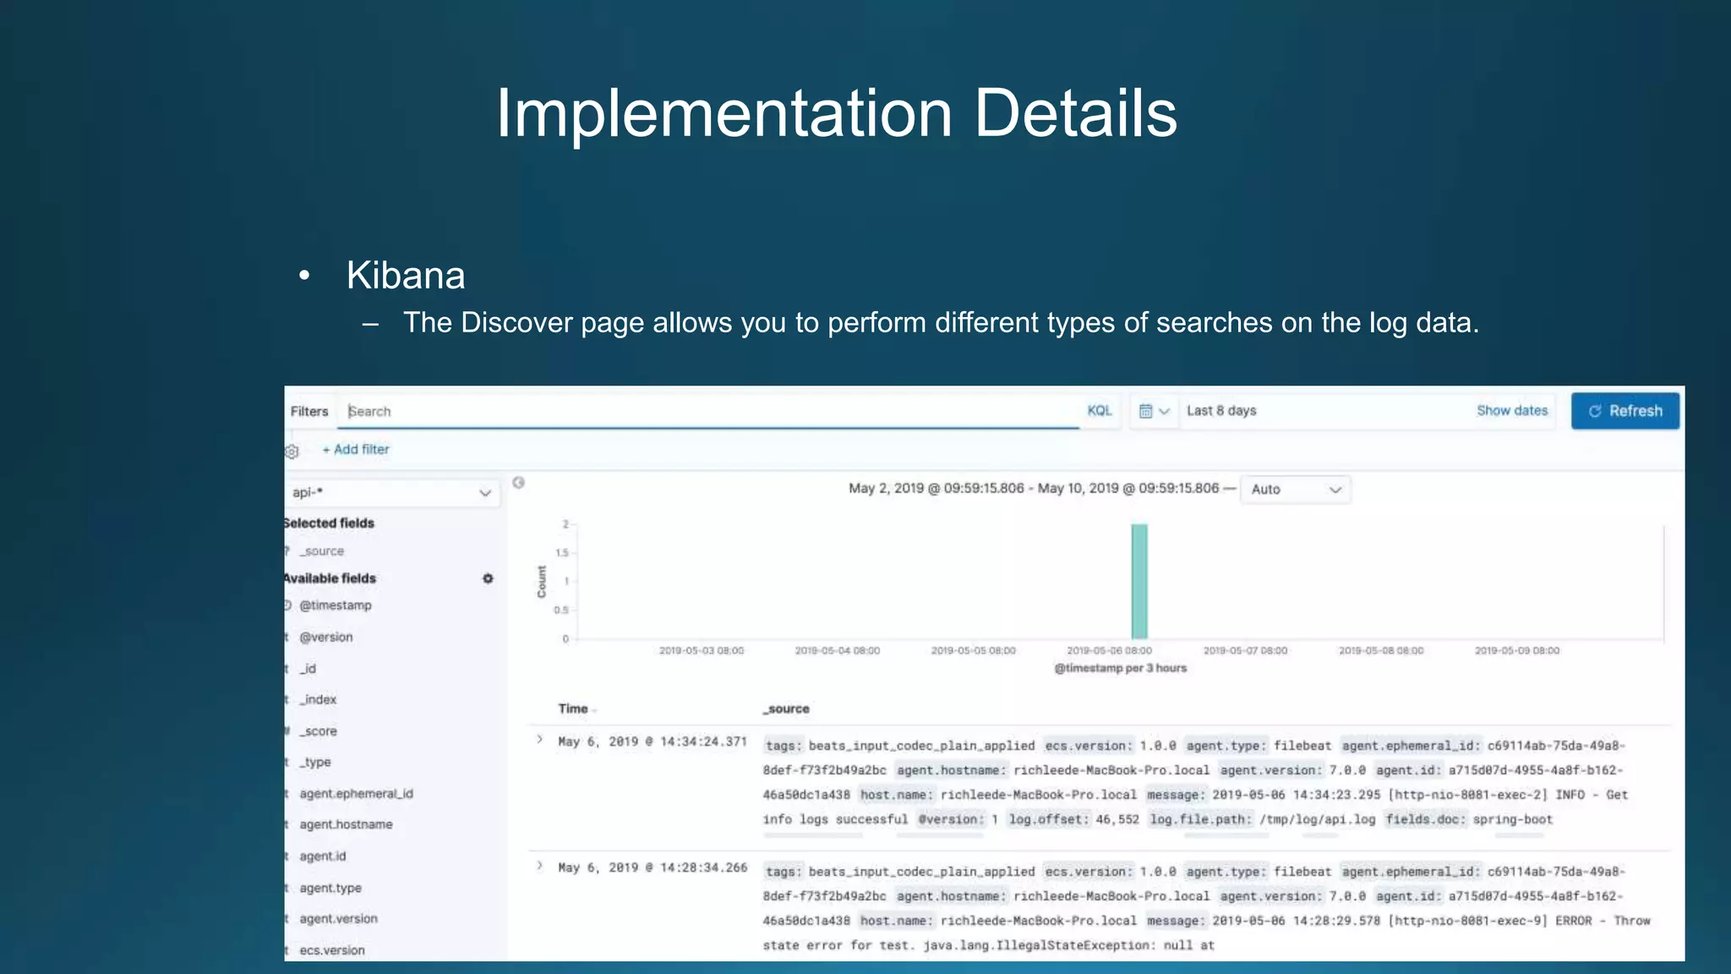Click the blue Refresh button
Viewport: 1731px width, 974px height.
point(1625,411)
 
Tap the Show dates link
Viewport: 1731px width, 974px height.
point(1512,411)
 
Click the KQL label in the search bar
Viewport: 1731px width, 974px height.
point(1099,411)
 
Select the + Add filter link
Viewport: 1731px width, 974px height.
point(356,450)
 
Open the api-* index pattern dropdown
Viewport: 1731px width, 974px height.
point(392,493)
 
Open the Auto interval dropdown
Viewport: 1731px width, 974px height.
point(1295,490)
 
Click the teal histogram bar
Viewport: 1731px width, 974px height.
point(1139,582)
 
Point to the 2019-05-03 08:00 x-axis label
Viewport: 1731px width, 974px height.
point(702,651)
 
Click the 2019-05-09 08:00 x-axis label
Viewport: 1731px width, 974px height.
point(1517,651)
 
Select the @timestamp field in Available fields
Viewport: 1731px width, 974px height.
point(336,605)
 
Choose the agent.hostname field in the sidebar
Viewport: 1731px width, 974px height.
point(346,824)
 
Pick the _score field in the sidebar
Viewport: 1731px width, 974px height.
point(319,731)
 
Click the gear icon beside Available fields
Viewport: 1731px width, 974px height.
point(488,578)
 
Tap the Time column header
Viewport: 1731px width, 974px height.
point(573,709)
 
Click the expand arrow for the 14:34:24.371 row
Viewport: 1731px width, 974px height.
point(539,740)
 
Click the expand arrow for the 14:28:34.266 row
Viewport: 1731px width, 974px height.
point(539,866)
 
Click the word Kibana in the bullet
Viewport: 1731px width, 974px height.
point(406,276)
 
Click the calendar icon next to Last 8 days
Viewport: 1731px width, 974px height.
point(1146,411)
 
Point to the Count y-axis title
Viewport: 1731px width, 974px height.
point(542,582)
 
